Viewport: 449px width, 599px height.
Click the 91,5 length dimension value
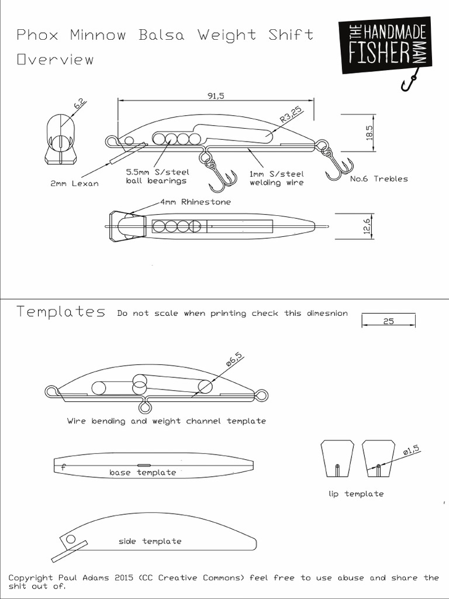tap(216, 97)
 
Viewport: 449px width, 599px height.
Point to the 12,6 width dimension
tap(368, 225)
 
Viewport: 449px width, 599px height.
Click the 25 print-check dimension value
tap(389, 321)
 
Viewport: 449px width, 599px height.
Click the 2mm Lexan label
tap(74, 184)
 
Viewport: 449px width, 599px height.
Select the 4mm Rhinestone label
tap(195, 202)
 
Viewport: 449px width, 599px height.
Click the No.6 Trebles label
tap(379, 178)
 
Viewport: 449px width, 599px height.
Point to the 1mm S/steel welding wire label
tap(277, 178)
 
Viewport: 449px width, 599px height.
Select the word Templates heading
tap(61, 312)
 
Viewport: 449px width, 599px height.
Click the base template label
tap(143, 472)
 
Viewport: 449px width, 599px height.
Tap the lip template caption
tap(355, 494)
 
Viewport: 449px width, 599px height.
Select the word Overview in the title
tap(55, 60)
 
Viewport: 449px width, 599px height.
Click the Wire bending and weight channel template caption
tap(166, 421)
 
